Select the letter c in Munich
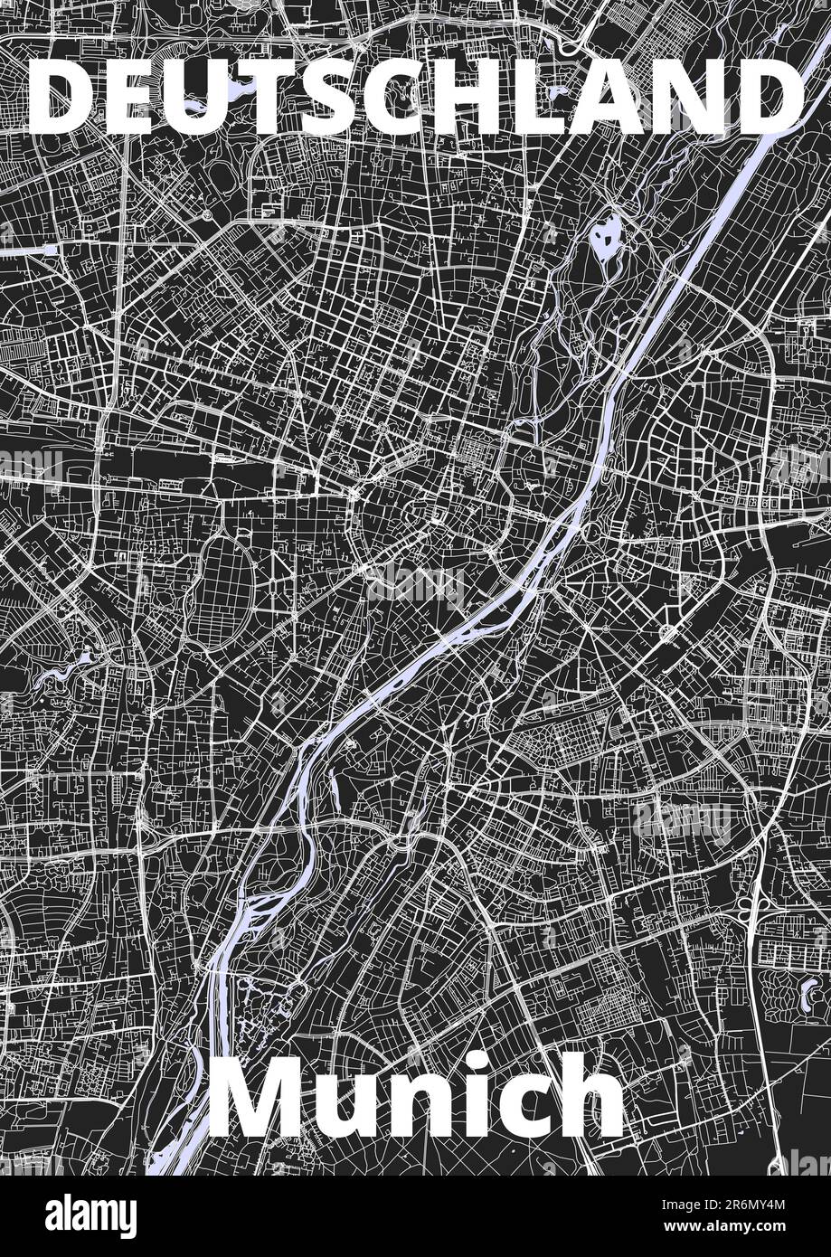[x=516, y=1108]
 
